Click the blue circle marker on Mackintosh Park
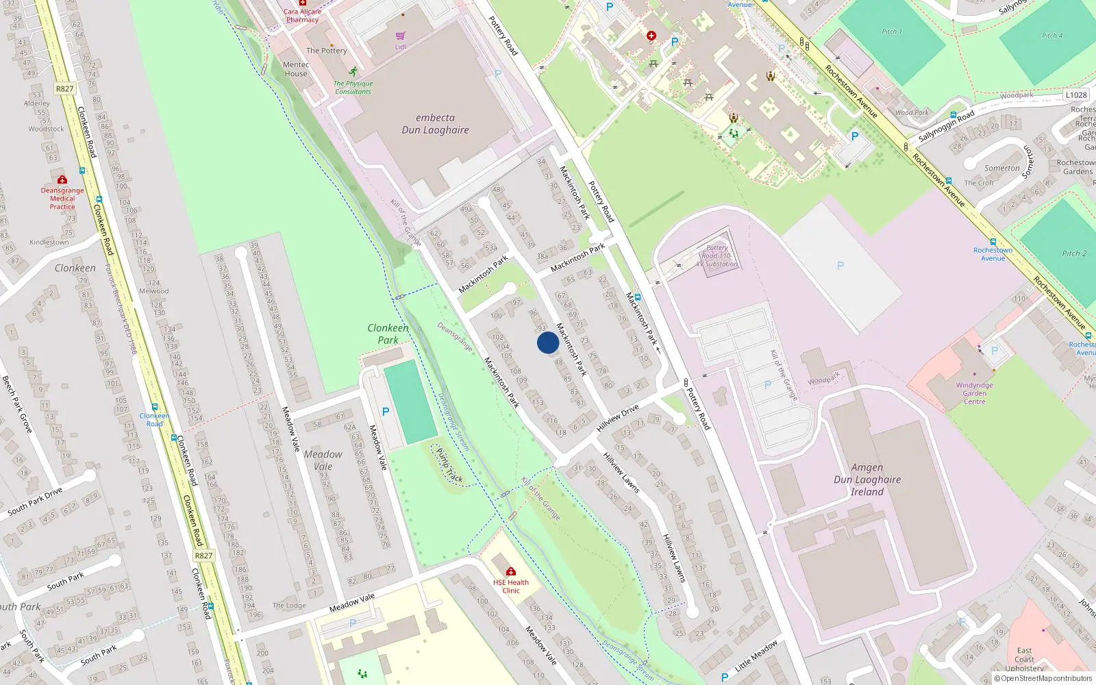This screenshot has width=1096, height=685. tap(547, 342)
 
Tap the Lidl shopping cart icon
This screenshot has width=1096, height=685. tap(401, 36)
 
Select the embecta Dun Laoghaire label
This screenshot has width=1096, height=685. tap(435, 124)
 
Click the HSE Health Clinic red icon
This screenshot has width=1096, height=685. tap(511, 571)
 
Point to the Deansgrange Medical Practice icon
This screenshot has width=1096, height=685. tap(62, 180)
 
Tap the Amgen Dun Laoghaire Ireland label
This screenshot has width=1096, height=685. tap(867, 480)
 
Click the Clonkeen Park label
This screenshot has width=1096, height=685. tap(388, 334)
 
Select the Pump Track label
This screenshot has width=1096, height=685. tap(449, 466)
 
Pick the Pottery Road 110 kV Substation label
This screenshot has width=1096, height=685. tap(717, 256)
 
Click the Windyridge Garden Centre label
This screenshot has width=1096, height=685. tap(974, 393)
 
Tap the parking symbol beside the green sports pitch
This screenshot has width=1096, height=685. tap(386, 412)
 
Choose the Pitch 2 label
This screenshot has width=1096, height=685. tap(1074, 253)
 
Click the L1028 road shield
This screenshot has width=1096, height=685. tap(1076, 95)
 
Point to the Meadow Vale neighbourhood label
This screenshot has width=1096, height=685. tap(323, 460)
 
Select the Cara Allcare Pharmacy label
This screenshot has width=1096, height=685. tap(302, 15)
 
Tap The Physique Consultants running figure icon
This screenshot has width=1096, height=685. tap(353, 71)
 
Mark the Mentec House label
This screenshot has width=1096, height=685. tap(296, 69)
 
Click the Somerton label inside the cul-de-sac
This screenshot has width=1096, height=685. tap(1001, 168)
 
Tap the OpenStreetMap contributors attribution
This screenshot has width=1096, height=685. tap(1043, 679)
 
